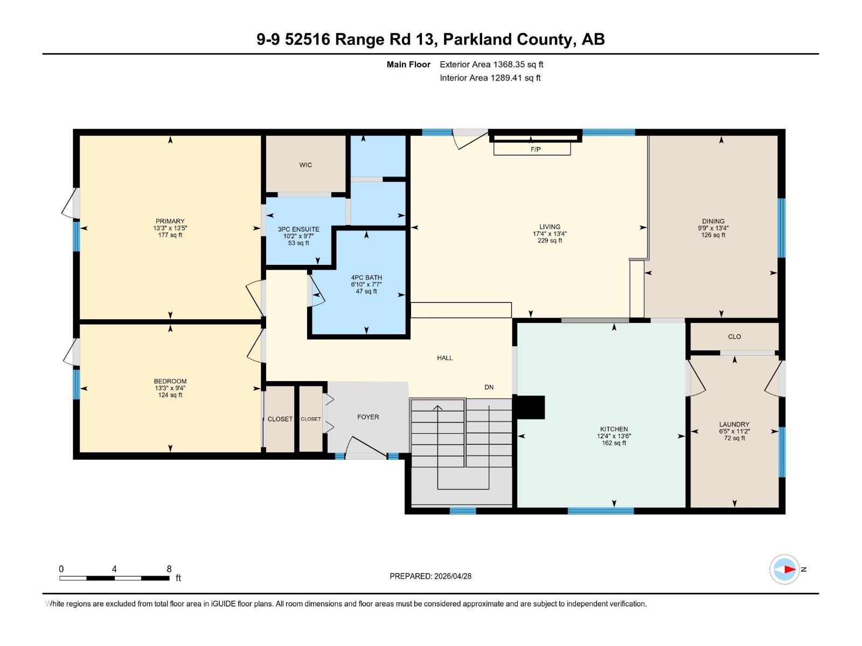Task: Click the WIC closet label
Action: [x=305, y=165]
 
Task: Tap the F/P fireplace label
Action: [x=535, y=150]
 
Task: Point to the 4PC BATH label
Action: [x=366, y=278]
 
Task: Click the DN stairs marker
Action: [x=489, y=387]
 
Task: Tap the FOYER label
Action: [x=368, y=417]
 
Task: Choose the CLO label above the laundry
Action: [x=734, y=336]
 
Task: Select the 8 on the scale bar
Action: [x=169, y=569]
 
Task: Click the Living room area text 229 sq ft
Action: [x=550, y=241]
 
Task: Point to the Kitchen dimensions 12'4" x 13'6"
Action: [x=614, y=436]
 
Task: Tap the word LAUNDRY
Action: [x=734, y=424]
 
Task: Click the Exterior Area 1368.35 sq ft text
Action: [x=491, y=65]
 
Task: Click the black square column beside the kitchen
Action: [x=530, y=408]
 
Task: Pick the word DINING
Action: [x=713, y=221]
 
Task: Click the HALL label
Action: [x=444, y=357]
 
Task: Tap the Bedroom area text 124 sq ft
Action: [x=170, y=395]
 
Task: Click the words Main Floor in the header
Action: [x=408, y=65]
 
